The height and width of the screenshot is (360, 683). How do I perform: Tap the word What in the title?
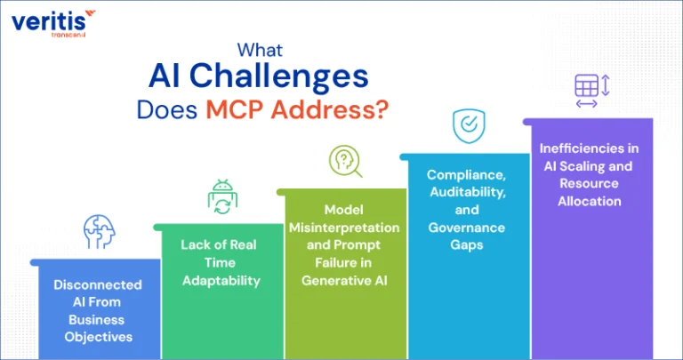pos(260,50)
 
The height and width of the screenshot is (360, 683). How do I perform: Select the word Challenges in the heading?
pos(278,77)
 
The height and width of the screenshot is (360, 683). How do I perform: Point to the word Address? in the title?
pos(329,110)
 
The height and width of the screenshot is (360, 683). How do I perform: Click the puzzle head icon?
pos(100,232)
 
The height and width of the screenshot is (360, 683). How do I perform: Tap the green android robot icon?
pos(222,197)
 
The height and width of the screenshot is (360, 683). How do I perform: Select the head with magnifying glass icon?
pos(345,162)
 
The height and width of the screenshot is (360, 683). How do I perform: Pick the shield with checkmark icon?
pos(469,126)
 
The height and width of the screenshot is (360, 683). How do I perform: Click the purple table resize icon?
pos(591,91)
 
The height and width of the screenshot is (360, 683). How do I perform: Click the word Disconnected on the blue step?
pos(98,284)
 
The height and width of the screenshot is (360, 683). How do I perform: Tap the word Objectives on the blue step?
pos(99,337)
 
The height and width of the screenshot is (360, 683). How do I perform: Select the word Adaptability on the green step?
pos(221,281)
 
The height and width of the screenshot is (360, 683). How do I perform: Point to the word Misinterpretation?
pos(344,228)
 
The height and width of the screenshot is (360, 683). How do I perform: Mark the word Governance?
pos(467,228)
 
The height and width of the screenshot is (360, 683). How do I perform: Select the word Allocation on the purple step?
pos(590,201)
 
